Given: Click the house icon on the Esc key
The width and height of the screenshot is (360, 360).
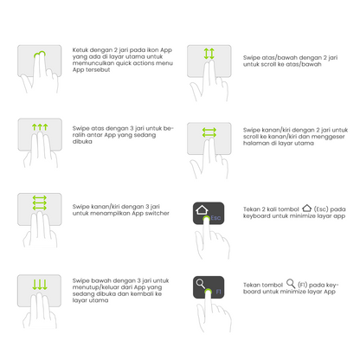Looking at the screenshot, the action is [x=202, y=209].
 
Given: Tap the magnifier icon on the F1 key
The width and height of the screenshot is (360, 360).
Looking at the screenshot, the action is [x=201, y=284].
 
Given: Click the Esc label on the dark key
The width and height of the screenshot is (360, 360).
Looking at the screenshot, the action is [x=216, y=218].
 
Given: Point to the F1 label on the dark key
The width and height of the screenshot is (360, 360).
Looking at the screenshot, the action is [x=218, y=292].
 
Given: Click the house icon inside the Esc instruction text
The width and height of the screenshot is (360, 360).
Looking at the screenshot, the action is [x=307, y=208].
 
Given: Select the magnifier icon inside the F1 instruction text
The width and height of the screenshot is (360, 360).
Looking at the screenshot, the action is [x=291, y=283].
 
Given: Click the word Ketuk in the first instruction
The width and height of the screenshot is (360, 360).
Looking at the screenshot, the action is [x=80, y=50].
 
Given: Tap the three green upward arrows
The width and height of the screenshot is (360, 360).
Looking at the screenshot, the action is [x=40, y=127].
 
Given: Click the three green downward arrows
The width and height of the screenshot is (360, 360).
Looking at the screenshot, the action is [x=40, y=285].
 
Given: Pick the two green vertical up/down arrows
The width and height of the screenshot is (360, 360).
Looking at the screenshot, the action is [x=209, y=54].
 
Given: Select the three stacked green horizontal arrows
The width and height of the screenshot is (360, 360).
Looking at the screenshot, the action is [x=40, y=203].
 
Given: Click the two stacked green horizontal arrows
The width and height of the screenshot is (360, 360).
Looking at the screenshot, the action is [x=209, y=132].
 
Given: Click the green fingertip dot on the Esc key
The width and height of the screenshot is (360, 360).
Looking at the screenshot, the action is [x=206, y=219].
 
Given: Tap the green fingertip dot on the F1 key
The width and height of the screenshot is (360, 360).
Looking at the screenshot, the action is [x=208, y=292].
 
